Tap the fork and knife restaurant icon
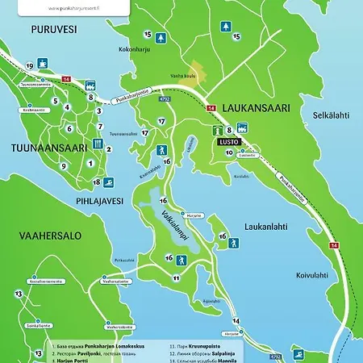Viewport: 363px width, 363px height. [x=97, y=144]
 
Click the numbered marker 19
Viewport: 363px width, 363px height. [x=29, y=65]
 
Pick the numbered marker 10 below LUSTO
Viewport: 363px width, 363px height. [x=229, y=152]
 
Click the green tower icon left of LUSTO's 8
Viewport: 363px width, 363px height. [x=216, y=129]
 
